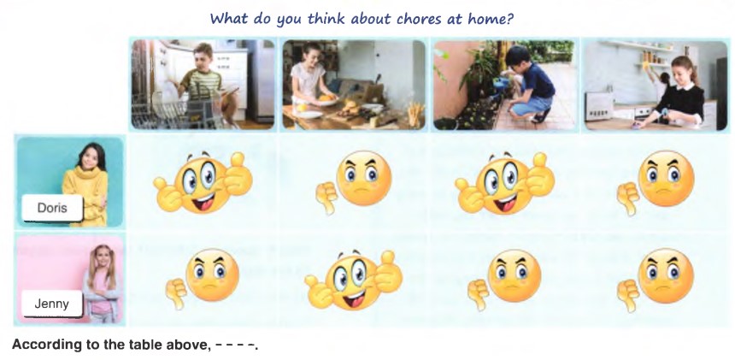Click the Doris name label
tap(52, 208)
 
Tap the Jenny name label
tap(52, 304)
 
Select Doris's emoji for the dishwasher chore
tap(203, 182)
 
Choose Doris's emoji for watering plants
tap(505, 182)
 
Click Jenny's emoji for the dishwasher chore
tap(203, 278)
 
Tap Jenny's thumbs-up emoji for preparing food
tap(354, 280)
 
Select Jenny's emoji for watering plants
tap(504, 279)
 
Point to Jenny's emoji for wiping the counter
tap(656, 280)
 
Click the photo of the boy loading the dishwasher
tap(203, 85)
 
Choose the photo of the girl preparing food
tap(354, 85)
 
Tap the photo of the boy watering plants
tap(504, 85)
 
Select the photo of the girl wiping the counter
tap(656, 85)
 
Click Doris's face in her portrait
tap(89, 159)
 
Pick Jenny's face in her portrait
tap(102, 258)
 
